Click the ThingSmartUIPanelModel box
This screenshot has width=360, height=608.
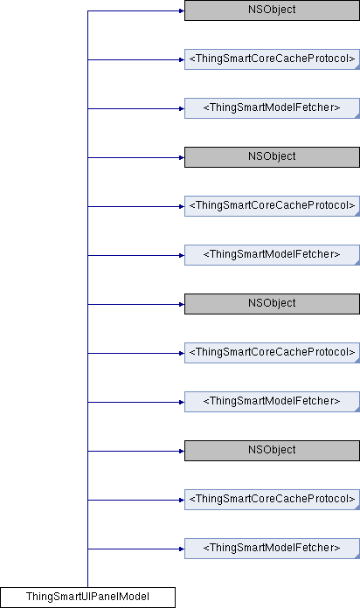[87, 598]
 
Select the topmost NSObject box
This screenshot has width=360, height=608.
[272, 10]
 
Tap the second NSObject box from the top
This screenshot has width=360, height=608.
[272, 157]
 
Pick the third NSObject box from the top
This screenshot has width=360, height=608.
[272, 304]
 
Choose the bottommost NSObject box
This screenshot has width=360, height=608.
[272, 451]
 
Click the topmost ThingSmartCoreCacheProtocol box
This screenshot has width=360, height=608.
[272, 59]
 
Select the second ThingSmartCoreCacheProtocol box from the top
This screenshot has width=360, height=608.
[272, 206]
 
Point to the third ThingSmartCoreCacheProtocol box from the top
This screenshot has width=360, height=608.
[272, 353]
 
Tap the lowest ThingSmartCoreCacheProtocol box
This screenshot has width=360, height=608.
[272, 500]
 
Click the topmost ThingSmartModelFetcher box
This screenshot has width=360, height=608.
[272, 108]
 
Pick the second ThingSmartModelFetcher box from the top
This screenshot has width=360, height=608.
[272, 255]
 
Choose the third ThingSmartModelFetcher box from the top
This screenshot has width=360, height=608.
[272, 402]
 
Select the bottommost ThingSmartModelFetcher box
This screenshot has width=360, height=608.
[272, 549]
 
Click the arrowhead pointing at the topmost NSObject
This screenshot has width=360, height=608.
[182, 10]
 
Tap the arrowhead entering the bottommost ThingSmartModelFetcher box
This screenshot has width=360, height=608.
[182, 549]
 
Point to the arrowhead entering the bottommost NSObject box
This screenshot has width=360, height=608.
[182, 451]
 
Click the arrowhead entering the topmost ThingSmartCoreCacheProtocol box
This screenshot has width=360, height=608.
[182, 59]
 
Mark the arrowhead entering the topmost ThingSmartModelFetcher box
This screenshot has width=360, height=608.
[182, 108]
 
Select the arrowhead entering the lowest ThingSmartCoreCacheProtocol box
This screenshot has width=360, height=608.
[182, 500]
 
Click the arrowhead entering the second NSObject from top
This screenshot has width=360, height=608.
[182, 157]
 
